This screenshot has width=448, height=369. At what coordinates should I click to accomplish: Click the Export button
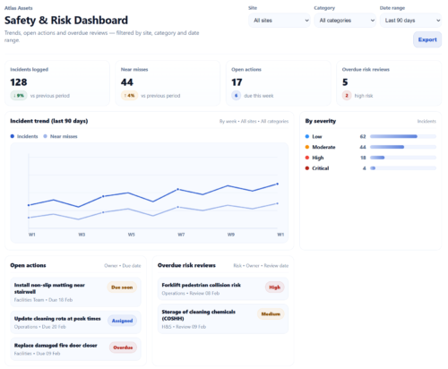click(426, 40)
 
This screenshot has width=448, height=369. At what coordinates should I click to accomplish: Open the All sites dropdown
click(280, 20)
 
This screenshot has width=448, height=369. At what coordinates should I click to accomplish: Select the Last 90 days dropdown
click(410, 20)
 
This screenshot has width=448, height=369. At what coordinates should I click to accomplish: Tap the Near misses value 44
click(127, 82)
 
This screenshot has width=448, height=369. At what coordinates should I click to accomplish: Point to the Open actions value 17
click(237, 82)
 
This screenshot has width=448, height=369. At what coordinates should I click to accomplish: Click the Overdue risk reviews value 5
click(345, 82)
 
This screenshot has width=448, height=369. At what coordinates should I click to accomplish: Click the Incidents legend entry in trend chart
click(25, 136)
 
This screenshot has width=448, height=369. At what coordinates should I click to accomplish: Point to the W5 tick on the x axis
click(131, 235)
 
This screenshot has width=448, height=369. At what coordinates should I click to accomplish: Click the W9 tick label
click(230, 235)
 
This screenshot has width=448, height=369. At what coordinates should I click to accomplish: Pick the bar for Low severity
click(393, 137)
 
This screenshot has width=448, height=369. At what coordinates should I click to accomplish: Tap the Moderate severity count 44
click(363, 147)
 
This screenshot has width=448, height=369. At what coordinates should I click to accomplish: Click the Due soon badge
click(122, 287)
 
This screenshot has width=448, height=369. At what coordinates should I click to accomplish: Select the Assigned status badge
click(122, 320)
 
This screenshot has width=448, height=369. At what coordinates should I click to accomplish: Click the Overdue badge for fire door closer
click(123, 347)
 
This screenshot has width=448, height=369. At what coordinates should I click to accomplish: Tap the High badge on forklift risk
click(274, 287)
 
